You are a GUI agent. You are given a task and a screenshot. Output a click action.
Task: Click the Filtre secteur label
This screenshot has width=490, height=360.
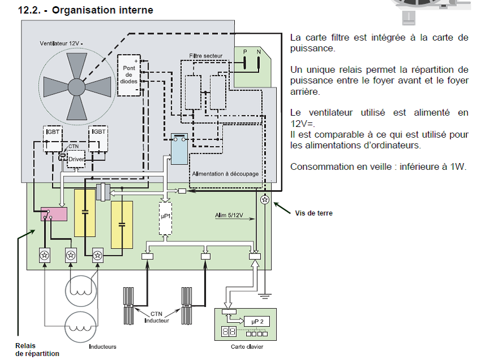tap(206, 56)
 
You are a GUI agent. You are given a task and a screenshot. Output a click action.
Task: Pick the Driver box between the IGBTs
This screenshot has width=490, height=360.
tap(76, 159)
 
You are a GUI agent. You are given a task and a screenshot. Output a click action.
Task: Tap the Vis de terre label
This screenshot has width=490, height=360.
tap(313, 213)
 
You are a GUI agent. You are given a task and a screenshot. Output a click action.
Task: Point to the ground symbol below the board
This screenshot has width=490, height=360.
tap(264, 296)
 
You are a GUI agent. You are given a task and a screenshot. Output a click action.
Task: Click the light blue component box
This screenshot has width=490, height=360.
tap(180, 150)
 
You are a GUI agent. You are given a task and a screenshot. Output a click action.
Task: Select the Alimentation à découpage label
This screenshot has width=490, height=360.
tap(225, 174)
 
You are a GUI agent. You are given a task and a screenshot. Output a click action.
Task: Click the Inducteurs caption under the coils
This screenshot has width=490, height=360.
tap(103, 346)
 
